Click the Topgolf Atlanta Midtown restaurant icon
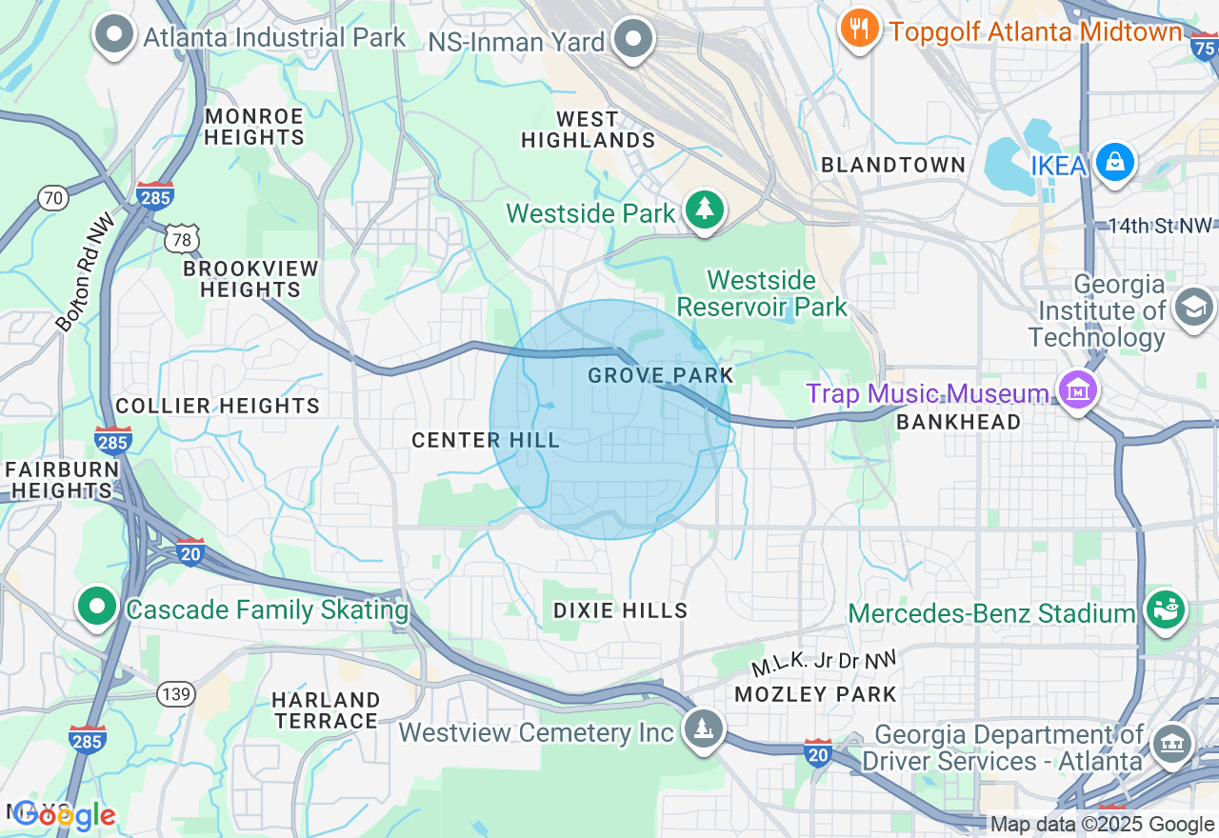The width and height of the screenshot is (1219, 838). click(x=860, y=29)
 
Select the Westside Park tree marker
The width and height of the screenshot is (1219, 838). click(x=704, y=209)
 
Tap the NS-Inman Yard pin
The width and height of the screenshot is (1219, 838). click(x=633, y=39)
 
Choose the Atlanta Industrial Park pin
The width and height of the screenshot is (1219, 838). click(x=114, y=34)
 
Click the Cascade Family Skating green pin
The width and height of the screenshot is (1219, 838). click(x=97, y=606)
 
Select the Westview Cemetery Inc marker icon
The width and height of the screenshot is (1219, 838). click(x=703, y=728)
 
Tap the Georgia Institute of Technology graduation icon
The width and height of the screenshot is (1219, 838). click(x=1192, y=307)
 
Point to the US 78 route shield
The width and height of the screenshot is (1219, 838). click(x=181, y=238)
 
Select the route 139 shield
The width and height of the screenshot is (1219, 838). click(x=176, y=693)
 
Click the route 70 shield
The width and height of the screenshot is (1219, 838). click(x=53, y=198)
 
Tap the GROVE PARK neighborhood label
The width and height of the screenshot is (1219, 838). click(x=661, y=375)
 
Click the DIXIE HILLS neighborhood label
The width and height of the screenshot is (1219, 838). click(x=621, y=610)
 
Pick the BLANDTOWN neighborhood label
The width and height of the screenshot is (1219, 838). click(x=893, y=165)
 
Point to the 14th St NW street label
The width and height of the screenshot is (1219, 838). click(x=1160, y=226)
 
